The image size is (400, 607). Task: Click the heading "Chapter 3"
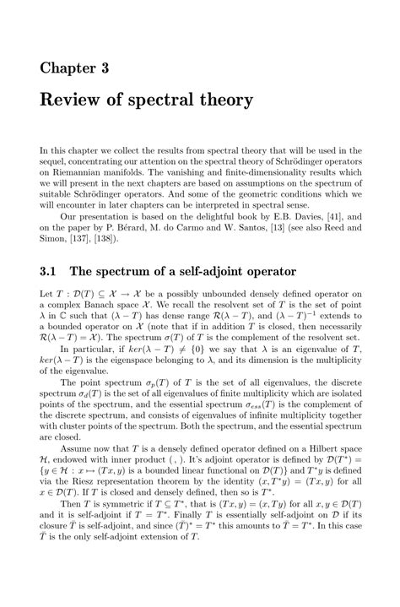74,68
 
